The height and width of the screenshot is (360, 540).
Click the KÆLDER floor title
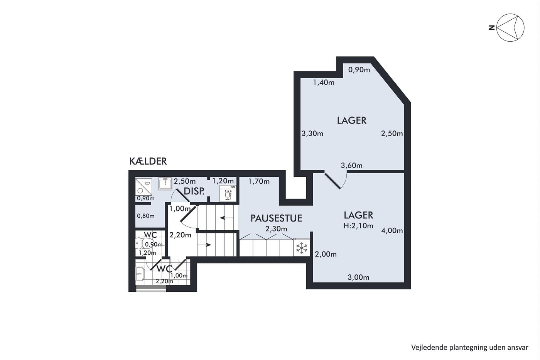(x=148, y=161)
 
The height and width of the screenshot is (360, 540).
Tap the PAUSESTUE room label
(x=276, y=218)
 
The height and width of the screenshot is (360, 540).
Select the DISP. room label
(x=194, y=191)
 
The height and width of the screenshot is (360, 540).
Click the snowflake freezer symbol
(x=302, y=248)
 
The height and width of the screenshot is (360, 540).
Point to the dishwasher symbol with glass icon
(x=228, y=193)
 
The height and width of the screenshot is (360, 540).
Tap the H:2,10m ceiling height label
(x=358, y=226)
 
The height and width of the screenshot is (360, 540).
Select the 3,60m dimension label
(x=351, y=166)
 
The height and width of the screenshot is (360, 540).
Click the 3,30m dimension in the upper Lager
(x=312, y=134)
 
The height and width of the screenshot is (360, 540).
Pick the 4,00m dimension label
(x=392, y=231)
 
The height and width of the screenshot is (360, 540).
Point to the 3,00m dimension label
(x=358, y=277)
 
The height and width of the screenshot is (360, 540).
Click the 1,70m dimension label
(x=259, y=181)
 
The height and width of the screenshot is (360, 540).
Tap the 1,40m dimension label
(x=324, y=83)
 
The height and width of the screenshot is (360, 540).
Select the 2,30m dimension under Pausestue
(x=276, y=228)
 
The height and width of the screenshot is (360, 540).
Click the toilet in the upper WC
(x=144, y=243)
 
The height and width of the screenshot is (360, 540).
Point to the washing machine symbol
(x=143, y=187)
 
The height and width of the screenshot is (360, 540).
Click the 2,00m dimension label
(x=326, y=254)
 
